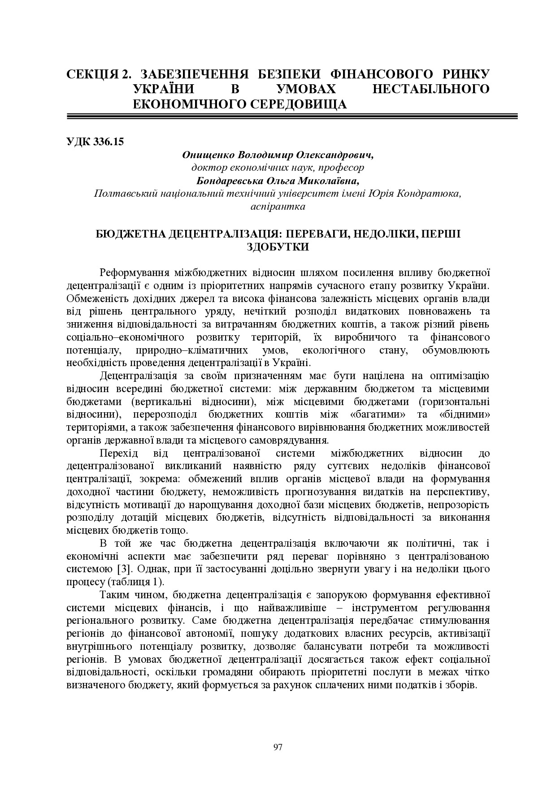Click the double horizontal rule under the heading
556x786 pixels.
[292, 117]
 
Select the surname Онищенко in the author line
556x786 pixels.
[208, 155]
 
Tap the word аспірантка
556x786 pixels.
[278, 207]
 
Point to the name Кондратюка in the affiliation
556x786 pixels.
[432, 194]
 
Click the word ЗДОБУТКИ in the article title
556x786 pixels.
[278, 246]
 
